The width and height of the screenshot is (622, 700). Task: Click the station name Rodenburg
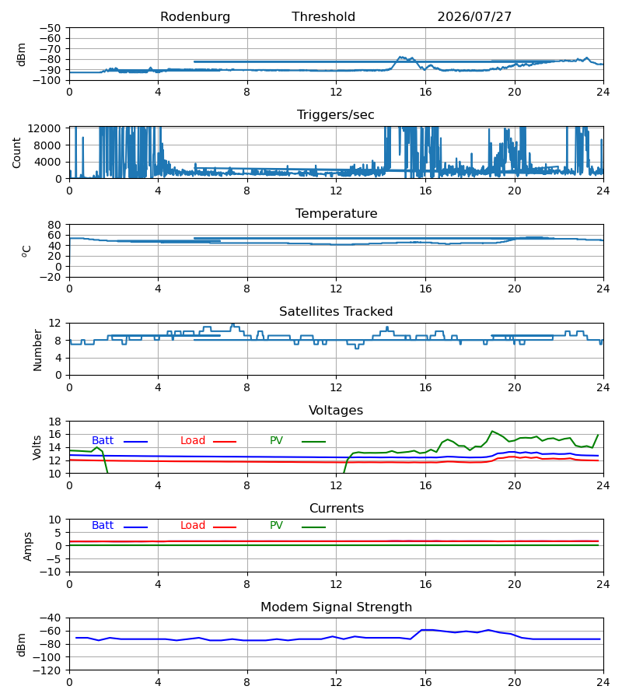195,16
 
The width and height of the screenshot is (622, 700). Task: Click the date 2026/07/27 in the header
474,16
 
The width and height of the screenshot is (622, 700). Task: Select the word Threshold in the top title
323,16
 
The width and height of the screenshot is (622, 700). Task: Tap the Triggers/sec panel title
336,115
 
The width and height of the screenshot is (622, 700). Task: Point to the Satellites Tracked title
336,312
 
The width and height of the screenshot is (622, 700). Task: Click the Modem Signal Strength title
337,607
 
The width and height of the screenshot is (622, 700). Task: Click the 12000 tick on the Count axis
44,128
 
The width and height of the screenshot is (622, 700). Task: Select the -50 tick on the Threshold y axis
51,28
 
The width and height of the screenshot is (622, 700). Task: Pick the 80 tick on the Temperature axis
54,225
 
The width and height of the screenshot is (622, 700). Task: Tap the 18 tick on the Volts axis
54,422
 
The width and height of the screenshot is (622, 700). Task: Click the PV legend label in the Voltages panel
276,441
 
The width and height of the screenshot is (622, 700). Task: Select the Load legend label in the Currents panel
193,526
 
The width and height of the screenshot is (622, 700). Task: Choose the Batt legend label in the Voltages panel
103,441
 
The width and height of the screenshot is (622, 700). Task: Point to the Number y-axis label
37,351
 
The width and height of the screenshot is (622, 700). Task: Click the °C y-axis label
26,251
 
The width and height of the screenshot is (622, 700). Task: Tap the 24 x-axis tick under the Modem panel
603,683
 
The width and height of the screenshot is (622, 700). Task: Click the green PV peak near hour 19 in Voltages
492,431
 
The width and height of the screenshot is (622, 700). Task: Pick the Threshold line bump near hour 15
400,57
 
